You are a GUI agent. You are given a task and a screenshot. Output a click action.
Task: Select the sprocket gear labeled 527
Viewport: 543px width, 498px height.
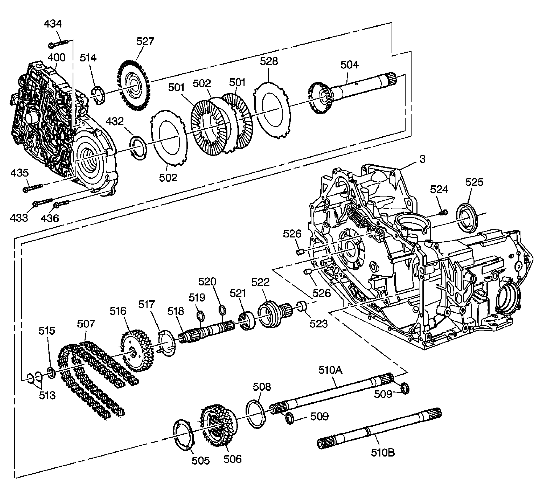point(134,86)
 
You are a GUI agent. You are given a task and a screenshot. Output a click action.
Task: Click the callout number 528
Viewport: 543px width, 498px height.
point(269,61)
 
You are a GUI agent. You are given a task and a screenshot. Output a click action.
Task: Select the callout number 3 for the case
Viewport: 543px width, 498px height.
point(422,159)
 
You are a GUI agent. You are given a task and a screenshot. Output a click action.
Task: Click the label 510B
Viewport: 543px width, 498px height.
point(382,452)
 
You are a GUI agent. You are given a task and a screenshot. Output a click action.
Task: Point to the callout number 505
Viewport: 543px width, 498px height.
point(201,461)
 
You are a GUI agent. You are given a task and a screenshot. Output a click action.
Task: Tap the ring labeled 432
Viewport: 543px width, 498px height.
point(138,148)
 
